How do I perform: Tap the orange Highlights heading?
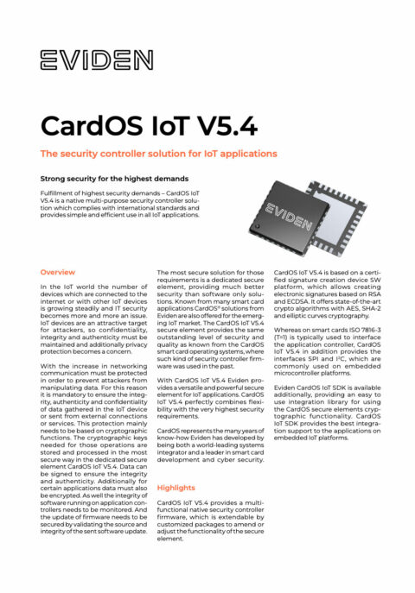176,488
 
